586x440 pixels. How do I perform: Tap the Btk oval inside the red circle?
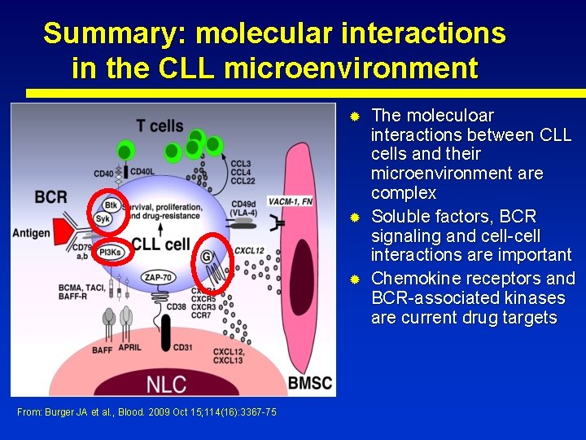coord(111,205)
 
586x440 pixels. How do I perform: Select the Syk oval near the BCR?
coord(103,218)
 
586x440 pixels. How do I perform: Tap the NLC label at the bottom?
coord(168,382)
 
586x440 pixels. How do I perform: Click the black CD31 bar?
coord(166,330)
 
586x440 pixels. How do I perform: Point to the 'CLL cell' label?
coord(160,244)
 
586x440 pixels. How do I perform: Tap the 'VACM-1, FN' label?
coord(291,201)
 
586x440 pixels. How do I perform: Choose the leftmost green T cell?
coord(125,151)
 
